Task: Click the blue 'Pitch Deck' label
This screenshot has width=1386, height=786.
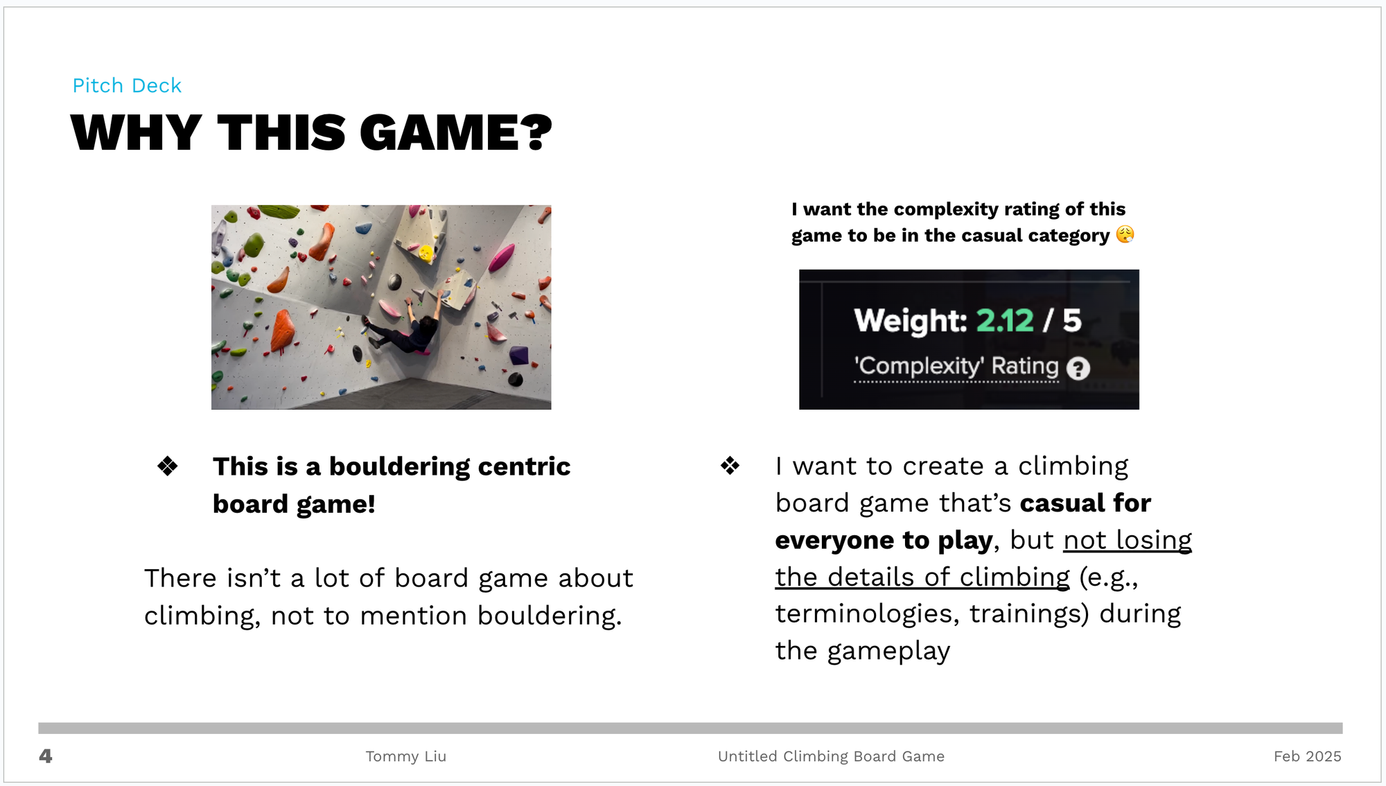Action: [x=127, y=85]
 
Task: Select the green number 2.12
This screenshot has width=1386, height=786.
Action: [x=1005, y=320]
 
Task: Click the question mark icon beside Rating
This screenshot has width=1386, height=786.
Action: [x=1078, y=368]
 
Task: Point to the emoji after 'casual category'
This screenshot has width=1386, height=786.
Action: [x=1125, y=234]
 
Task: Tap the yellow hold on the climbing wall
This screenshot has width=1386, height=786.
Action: [x=426, y=253]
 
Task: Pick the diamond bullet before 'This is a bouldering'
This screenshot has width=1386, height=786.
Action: [x=168, y=466]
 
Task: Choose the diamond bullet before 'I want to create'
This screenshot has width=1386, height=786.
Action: [x=730, y=465]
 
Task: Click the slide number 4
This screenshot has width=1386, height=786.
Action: [x=46, y=756]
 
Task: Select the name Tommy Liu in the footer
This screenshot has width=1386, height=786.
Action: [x=406, y=756]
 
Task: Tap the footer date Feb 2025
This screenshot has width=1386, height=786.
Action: [x=1307, y=756]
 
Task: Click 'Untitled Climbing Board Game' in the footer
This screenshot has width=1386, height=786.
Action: [x=831, y=756]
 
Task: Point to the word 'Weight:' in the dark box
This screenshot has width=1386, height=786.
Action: [x=911, y=321]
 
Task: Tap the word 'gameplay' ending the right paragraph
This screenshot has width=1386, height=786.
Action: [x=888, y=652]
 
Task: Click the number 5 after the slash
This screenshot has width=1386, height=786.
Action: [x=1072, y=320]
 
